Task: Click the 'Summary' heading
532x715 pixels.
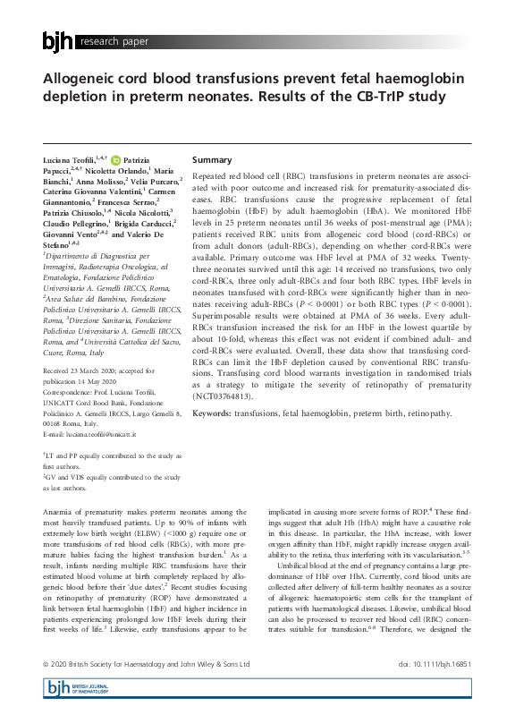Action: tap(212, 159)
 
